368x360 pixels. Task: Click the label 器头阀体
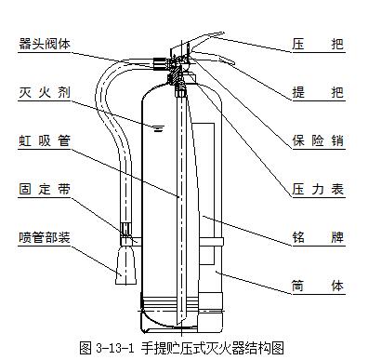coord(45,45)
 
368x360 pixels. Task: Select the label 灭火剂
coord(45,92)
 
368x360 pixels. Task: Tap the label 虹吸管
coord(45,140)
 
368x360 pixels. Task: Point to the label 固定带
coord(45,189)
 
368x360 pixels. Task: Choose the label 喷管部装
coord(45,237)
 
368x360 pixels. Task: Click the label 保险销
coord(318,140)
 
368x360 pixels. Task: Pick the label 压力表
coord(318,189)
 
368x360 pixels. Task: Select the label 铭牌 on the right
coord(318,237)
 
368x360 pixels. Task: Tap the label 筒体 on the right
coord(318,286)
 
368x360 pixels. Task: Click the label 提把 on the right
coord(318,92)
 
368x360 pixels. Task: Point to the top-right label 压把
coord(318,45)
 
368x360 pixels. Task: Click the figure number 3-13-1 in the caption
coord(114,348)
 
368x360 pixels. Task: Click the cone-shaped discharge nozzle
coord(125,265)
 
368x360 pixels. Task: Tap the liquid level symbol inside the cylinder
coord(158,128)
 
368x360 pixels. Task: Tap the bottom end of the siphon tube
coord(180,323)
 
